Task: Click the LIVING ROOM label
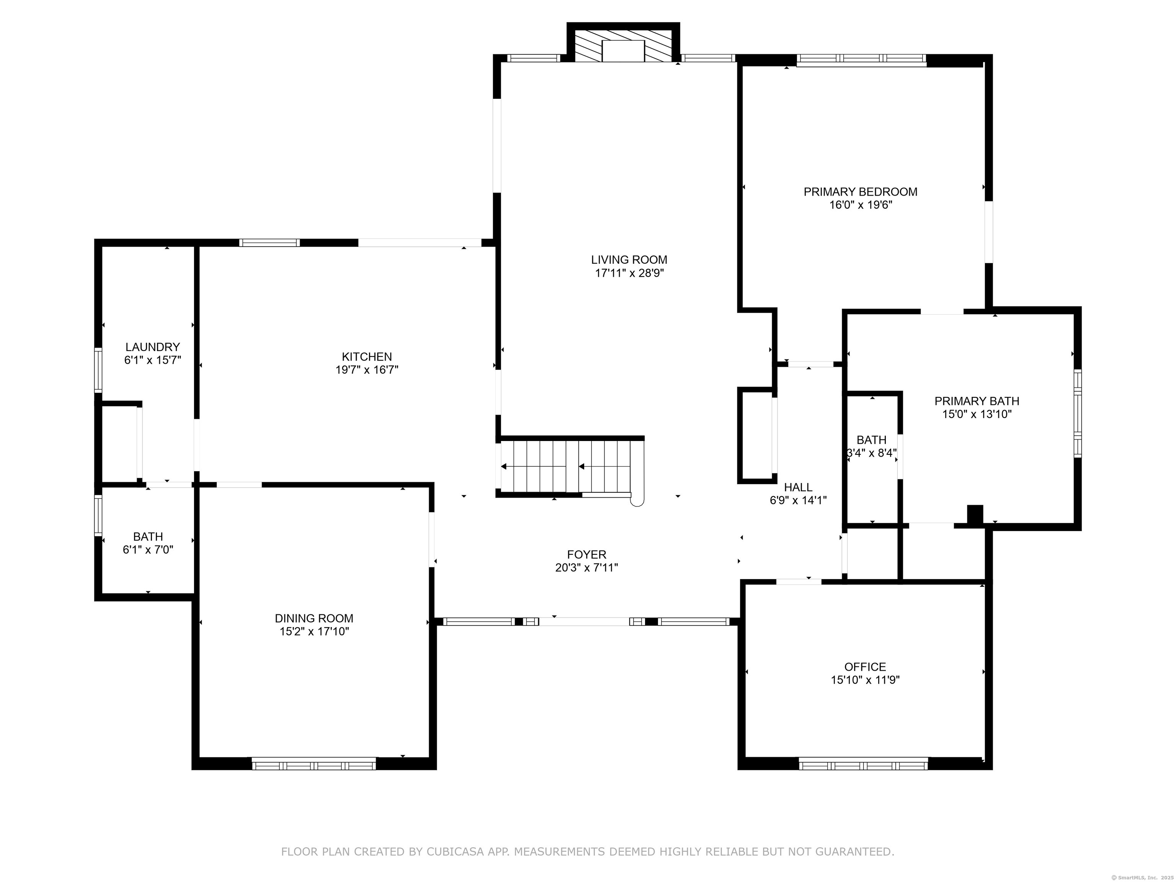click(629, 260)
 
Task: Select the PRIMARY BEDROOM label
click(860, 191)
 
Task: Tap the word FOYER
click(586, 555)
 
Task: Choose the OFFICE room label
click(865, 667)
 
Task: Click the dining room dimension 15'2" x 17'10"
click(314, 632)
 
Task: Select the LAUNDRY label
click(153, 347)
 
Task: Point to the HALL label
click(798, 487)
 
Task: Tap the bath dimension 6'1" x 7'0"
click(148, 550)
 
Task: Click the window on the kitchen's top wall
click(269, 242)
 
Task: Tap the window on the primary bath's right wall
click(1078, 413)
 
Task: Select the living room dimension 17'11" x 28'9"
click(629, 273)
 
